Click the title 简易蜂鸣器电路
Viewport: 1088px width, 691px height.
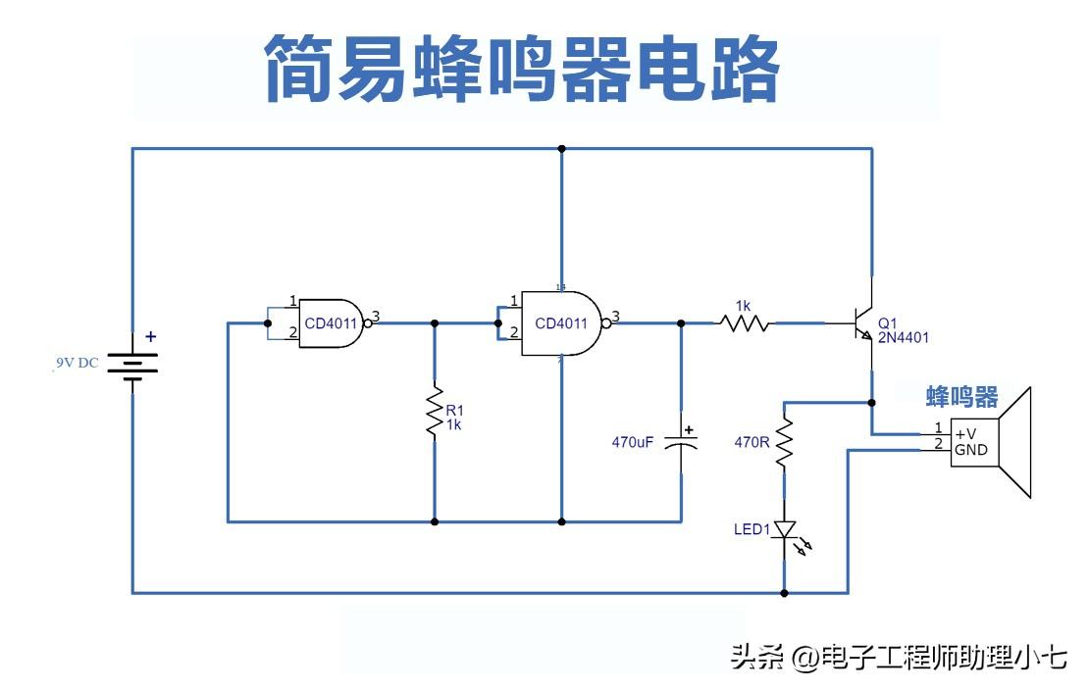(x=522, y=69)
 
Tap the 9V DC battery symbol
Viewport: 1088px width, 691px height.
(x=132, y=366)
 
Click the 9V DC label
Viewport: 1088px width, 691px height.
(x=77, y=364)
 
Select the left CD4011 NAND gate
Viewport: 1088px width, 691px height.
(x=333, y=321)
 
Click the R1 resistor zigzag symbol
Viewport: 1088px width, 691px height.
(x=435, y=415)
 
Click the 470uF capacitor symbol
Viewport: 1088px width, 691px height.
(x=681, y=441)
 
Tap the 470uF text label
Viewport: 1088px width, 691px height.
(x=632, y=443)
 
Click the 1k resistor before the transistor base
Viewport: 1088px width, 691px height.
(x=745, y=322)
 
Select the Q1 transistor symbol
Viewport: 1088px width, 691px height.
(x=862, y=322)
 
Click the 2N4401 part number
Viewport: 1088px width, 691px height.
(x=904, y=337)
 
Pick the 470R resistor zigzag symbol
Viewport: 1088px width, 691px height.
(x=784, y=442)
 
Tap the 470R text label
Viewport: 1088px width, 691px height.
(x=752, y=442)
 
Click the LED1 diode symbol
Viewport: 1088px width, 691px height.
(x=784, y=530)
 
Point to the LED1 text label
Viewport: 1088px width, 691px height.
(x=752, y=530)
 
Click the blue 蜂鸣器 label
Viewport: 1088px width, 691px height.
(x=962, y=397)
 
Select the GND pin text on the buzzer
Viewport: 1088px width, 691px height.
(x=971, y=450)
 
